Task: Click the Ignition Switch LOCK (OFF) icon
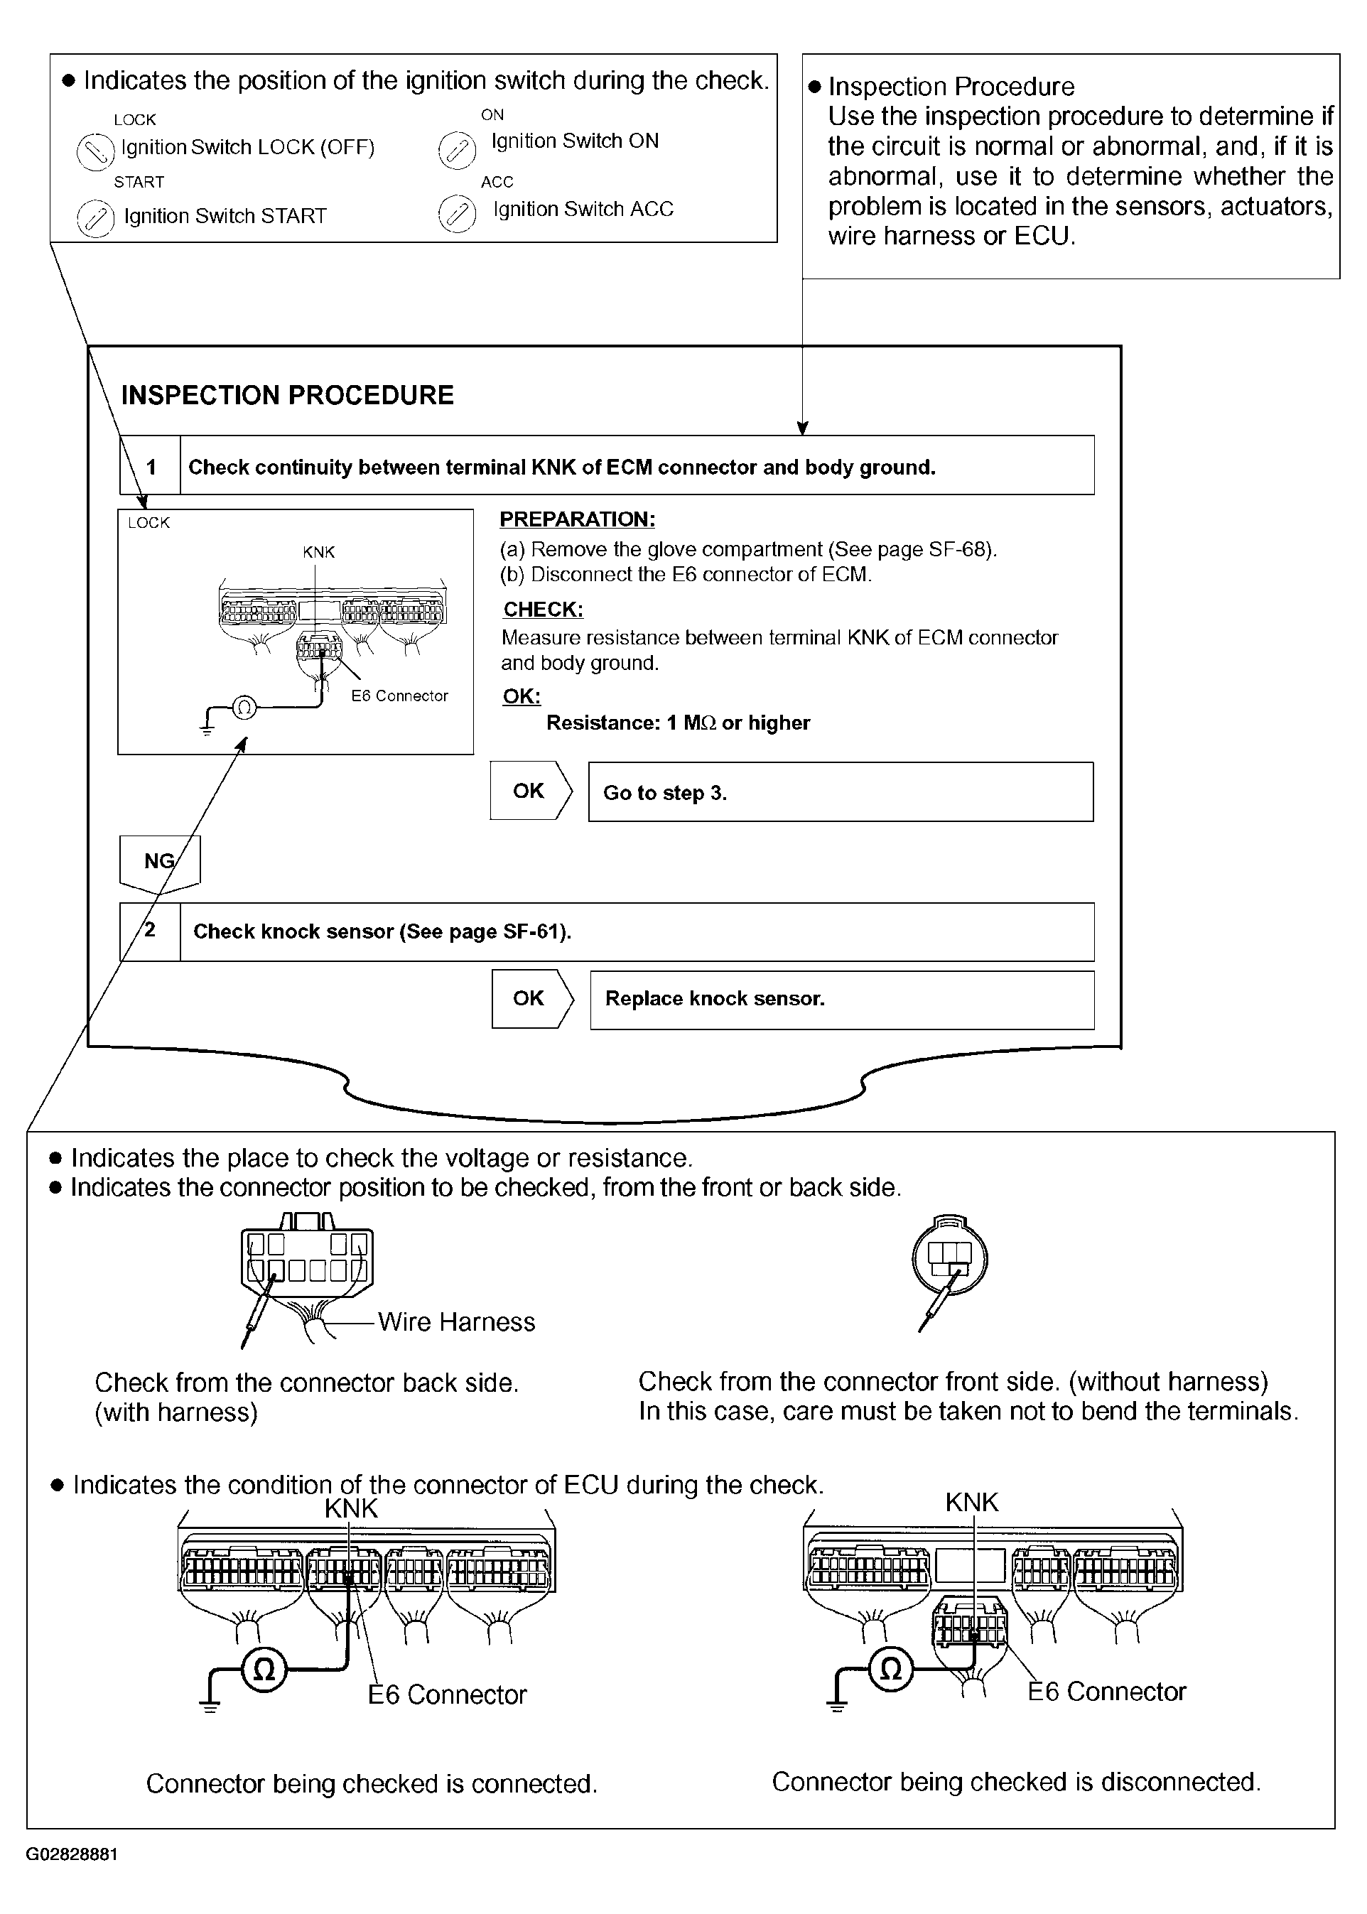(95, 151)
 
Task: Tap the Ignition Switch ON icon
(457, 150)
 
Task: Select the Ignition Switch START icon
(95, 219)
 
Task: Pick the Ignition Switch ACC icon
(457, 214)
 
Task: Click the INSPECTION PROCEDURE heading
(287, 395)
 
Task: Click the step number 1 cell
(151, 466)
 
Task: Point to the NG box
(159, 861)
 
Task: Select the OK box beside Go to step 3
(529, 791)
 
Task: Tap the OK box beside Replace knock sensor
(529, 998)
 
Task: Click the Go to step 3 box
(840, 792)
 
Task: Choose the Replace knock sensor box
(842, 999)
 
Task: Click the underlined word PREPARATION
(577, 519)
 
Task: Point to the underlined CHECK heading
(543, 610)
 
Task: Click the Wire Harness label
(456, 1321)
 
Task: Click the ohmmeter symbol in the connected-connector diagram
(264, 1669)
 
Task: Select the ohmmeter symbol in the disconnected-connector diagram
(890, 1668)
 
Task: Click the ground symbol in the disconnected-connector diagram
(837, 1703)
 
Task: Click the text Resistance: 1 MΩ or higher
(678, 723)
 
